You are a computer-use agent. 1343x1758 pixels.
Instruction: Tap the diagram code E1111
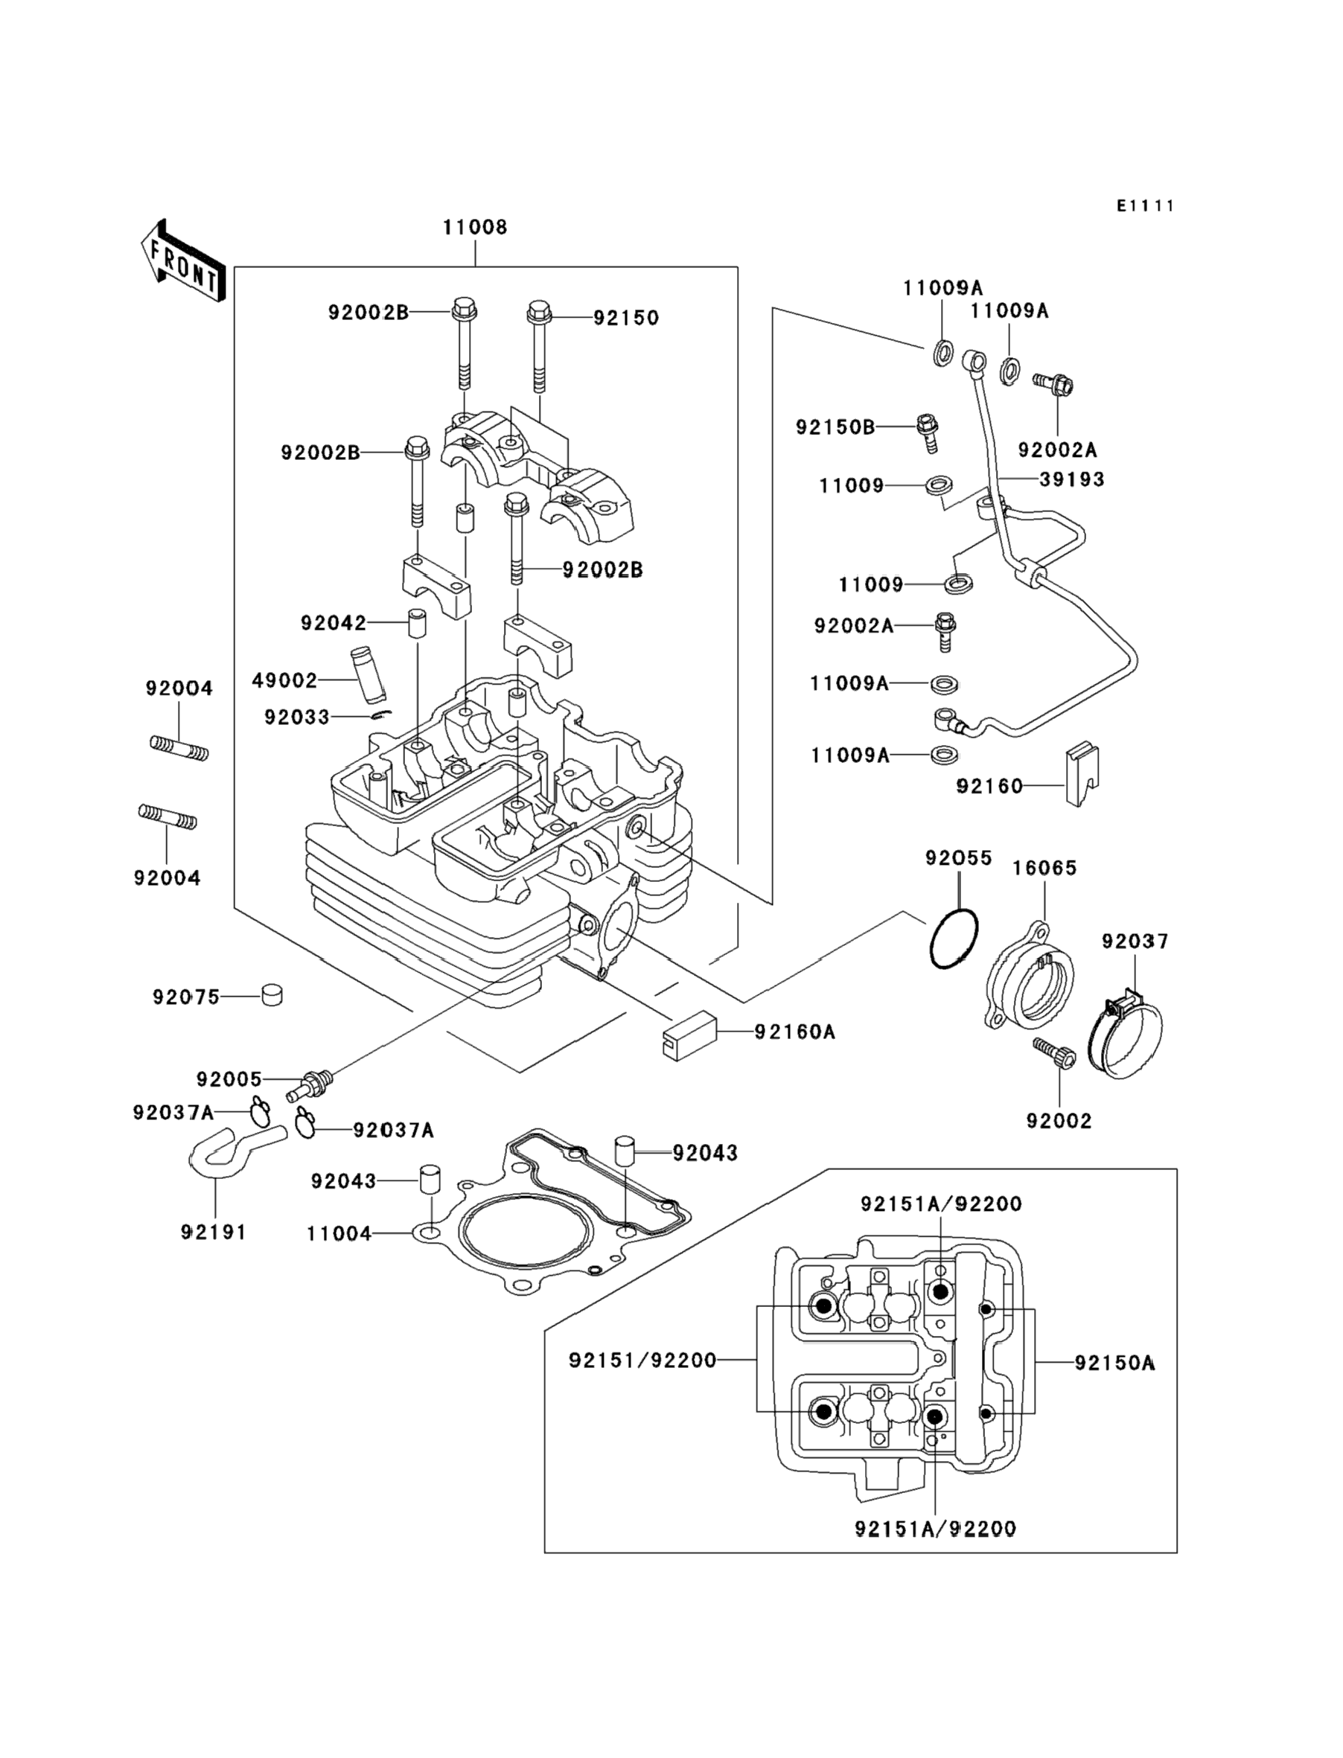1146,206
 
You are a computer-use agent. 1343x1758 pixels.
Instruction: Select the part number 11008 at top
475,228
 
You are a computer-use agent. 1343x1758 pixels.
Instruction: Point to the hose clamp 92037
1126,1035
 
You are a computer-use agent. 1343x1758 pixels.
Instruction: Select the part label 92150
626,318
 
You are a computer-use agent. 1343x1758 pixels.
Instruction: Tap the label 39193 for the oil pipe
1072,479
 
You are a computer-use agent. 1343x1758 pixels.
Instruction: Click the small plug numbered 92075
272,996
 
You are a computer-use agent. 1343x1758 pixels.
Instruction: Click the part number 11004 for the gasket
339,1235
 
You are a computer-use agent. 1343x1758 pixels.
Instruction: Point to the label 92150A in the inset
1114,1364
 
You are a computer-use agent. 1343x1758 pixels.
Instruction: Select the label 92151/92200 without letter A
642,1360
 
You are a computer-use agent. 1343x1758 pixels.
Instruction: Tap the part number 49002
284,680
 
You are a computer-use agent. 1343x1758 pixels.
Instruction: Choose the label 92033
297,717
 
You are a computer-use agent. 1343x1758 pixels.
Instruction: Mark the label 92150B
835,427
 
